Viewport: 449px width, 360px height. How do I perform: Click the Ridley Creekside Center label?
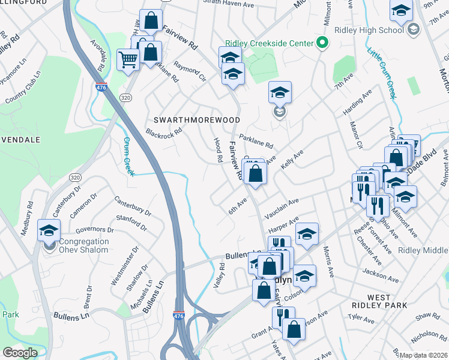point(269,43)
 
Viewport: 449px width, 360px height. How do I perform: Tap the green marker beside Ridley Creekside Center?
point(322,43)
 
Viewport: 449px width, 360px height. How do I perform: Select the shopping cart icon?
point(128,59)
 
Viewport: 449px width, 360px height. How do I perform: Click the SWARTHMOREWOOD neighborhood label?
point(197,120)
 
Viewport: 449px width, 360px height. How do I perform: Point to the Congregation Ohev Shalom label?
point(83,245)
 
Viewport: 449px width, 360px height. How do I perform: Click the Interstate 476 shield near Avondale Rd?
point(101,88)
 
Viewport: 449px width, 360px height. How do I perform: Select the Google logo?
point(20,353)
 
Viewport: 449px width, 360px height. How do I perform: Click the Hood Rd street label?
point(218,150)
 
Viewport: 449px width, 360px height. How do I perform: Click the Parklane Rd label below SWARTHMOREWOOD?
point(256,140)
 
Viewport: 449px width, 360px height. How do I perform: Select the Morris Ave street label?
point(328,261)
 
